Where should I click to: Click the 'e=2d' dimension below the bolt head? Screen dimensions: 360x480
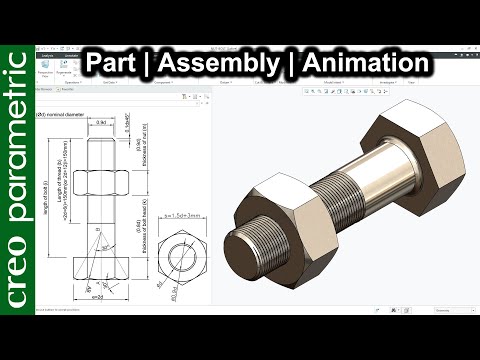[96, 297]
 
